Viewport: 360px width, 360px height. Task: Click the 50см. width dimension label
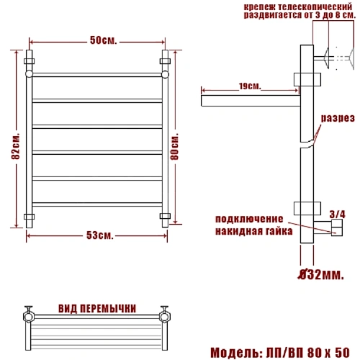coord(104,40)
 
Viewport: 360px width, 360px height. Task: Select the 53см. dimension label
coord(99,235)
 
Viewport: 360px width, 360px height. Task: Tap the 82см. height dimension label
coord(16,146)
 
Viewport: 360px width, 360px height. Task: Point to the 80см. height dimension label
coord(174,146)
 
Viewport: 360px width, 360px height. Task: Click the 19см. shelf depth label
coord(250,86)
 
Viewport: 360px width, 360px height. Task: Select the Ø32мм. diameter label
coord(320,274)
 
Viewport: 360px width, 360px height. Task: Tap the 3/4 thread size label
coord(338,214)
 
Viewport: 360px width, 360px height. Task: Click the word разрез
coord(338,118)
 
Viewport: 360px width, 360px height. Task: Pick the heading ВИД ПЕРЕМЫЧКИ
coord(97,308)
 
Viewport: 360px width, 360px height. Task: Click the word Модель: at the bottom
coord(236,353)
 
